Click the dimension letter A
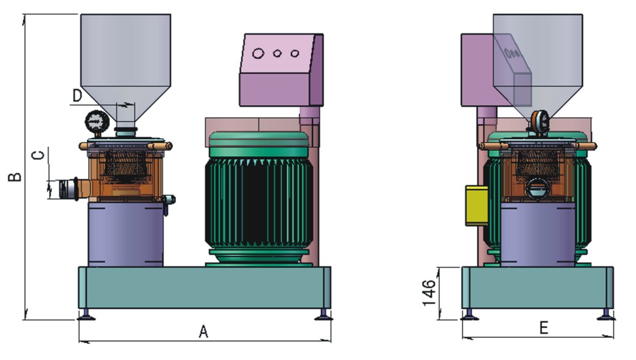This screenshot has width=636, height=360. [203, 331]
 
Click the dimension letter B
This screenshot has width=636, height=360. [15, 177]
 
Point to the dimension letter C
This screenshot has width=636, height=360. [38, 155]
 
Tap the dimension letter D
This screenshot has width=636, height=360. [77, 95]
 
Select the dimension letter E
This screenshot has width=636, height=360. [544, 327]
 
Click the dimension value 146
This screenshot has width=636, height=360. [429, 292]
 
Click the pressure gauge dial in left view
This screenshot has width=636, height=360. [97, 122]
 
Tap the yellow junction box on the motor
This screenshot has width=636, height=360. [477, 205]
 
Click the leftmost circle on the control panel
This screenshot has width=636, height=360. [258, 53]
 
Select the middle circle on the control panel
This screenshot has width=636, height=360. [277, 53]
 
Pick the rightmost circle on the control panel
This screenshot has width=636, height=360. [295, 53]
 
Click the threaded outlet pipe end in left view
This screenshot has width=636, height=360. [67, 189]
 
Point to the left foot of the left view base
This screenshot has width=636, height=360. [86, 315]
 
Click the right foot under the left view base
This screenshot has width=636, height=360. [324, 315]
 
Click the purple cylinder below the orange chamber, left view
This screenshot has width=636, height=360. [126, 234]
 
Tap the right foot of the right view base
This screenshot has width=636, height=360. [607, 315]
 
